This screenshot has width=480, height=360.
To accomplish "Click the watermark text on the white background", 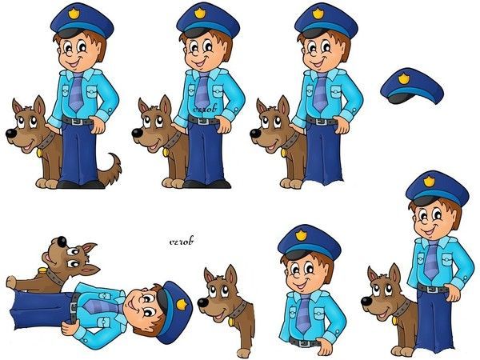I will [x=184, y=239].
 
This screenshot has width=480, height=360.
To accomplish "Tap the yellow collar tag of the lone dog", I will [x=231, y=322].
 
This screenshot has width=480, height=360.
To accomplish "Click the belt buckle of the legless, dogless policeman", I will [x=302, y=342].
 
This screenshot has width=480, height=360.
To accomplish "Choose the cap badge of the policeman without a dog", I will [x=301, y=236].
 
